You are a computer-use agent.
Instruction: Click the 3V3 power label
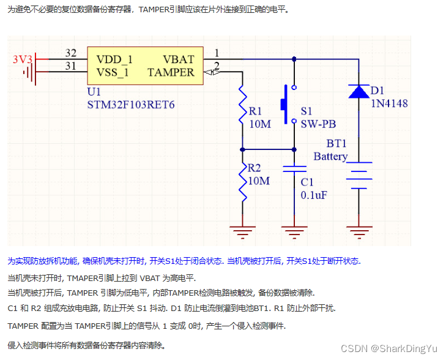point(23,59)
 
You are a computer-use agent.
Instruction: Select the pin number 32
point(71,53)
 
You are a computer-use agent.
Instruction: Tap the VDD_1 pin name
point(114,59)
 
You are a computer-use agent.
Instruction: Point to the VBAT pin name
point(179,59)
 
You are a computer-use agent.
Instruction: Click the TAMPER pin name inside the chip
point(171,72)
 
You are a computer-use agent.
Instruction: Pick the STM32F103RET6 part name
point(132,105)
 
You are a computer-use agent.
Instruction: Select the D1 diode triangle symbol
point(358,91)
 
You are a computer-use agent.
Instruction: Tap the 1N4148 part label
point(390,103)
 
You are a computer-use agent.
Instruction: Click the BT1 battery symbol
point(358,174)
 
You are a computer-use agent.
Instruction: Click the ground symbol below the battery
point(358,232)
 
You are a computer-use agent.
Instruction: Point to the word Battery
point(330,157)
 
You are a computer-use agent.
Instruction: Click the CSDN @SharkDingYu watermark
point(389,348)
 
